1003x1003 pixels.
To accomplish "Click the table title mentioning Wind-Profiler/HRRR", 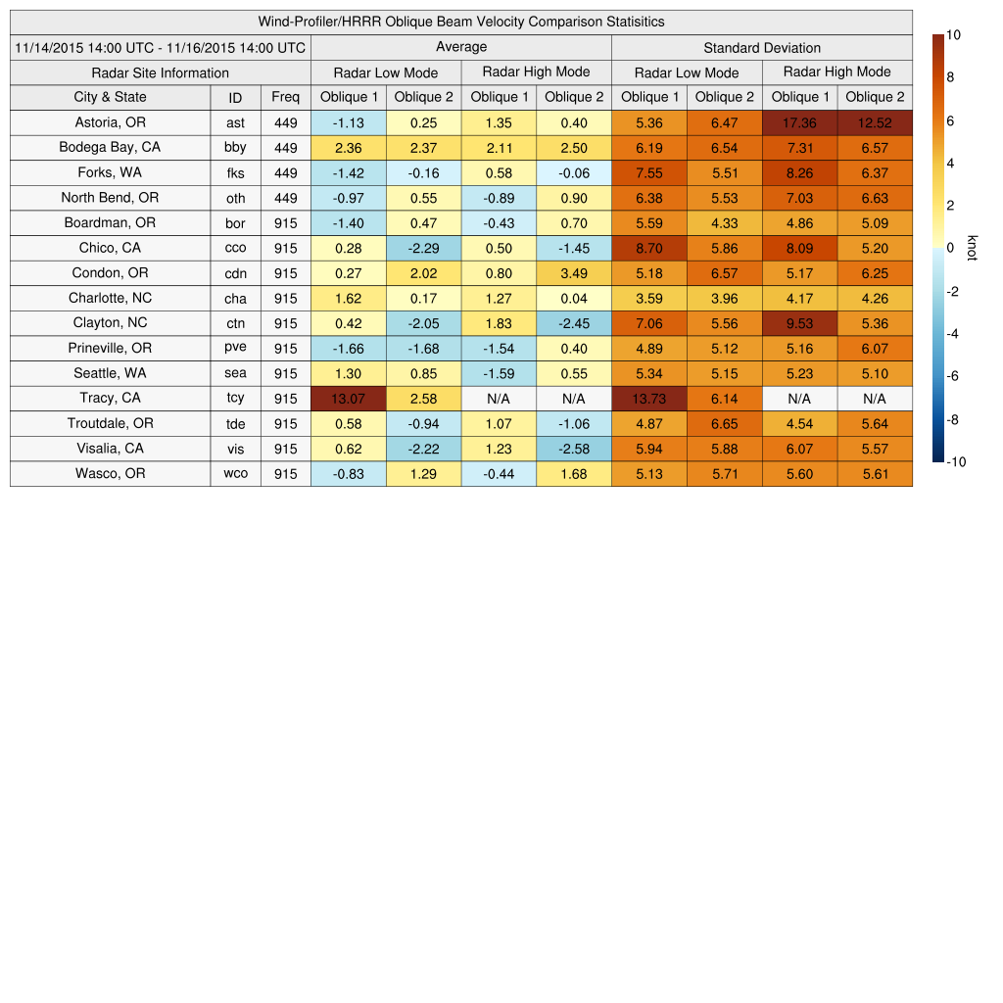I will click(461, 22).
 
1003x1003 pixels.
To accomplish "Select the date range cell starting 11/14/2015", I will click(161, 47).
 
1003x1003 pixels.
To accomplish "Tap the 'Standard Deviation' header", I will click(762, 47).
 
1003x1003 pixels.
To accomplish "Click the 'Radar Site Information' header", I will click(161, 72).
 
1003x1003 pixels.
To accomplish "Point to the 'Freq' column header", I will click(286, 97).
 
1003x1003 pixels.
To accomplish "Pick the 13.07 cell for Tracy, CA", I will click(349, 399).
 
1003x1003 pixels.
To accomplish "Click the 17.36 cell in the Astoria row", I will click(800, 122).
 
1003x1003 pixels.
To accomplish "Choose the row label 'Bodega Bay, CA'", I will click(110, 148).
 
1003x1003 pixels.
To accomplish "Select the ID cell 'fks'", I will click(235, 173).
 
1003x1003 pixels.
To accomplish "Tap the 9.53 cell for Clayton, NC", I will click(800, 323).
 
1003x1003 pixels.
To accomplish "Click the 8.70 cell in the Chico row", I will click(649, 248).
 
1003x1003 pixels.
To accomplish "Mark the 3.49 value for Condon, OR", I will click(574, 273).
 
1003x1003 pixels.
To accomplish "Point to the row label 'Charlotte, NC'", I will click(110, 298).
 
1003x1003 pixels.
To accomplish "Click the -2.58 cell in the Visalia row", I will click(574, 449).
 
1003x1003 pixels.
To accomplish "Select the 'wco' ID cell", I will click(235, 474).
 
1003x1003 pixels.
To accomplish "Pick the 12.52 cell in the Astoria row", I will click(875, 122).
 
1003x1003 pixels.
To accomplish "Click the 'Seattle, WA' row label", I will click(110, 373).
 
